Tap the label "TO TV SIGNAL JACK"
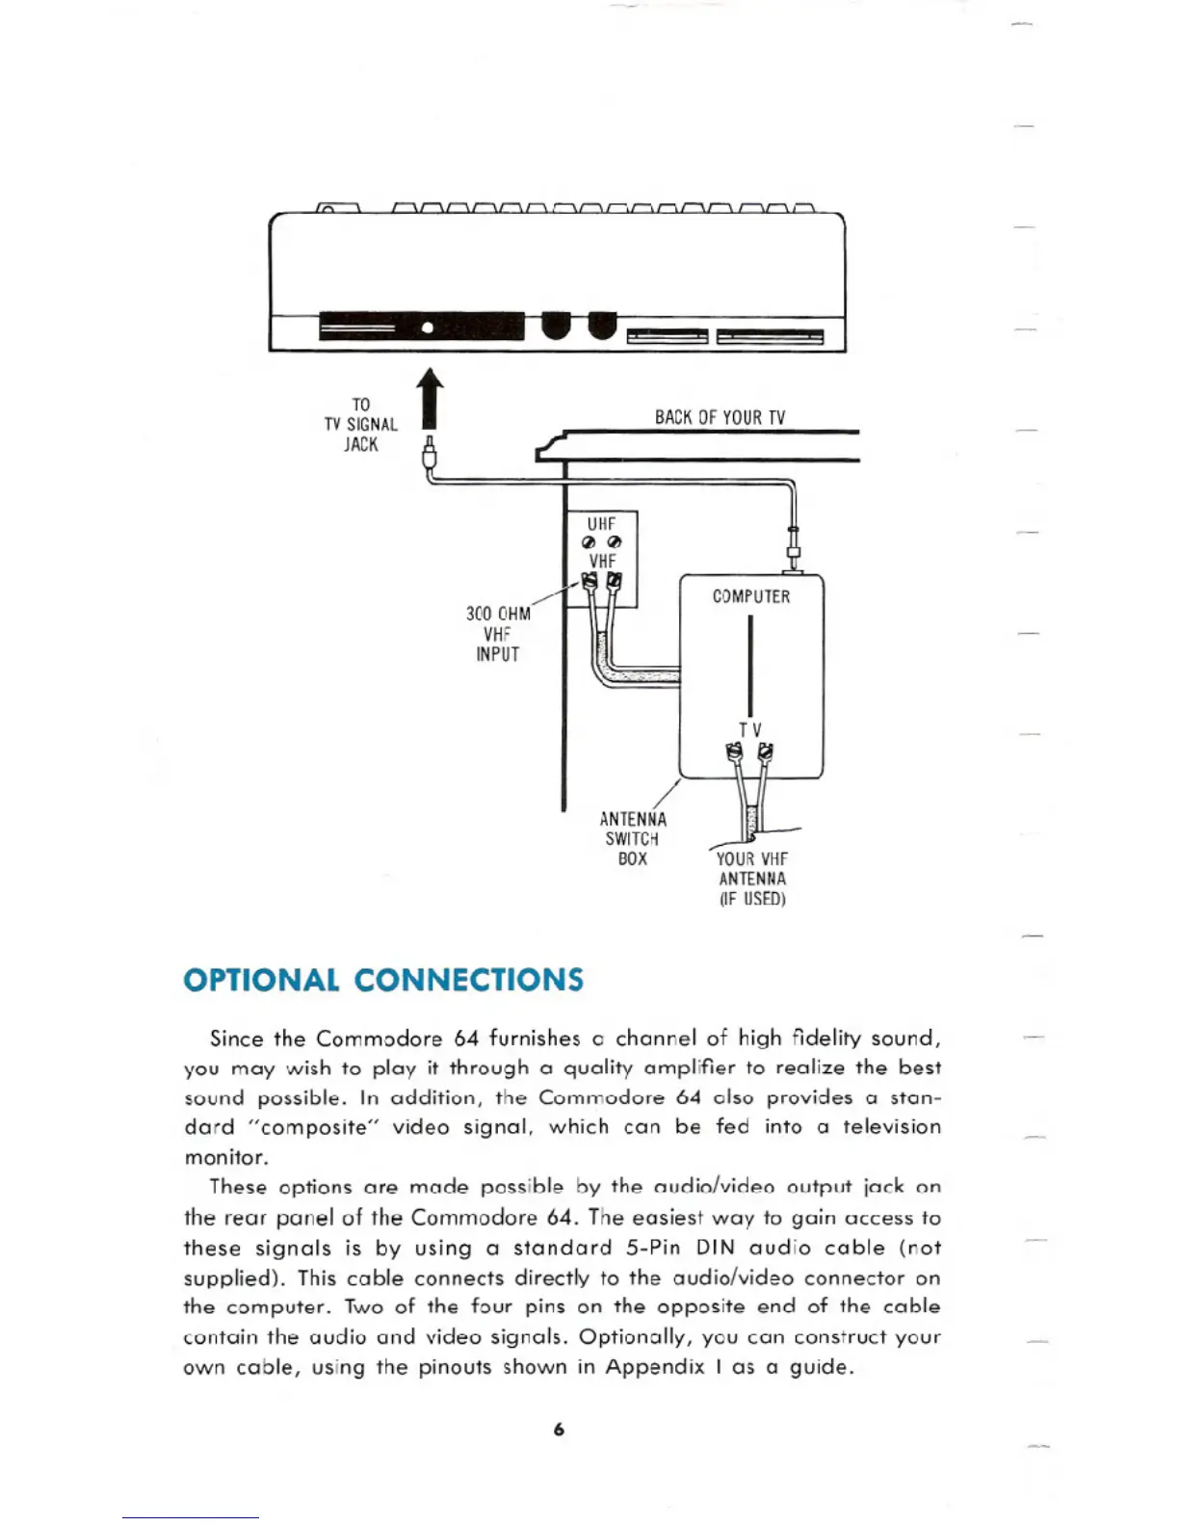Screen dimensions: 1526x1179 (361, 425)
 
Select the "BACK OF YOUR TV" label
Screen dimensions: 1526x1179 (720, 417)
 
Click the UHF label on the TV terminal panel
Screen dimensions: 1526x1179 (601, 524)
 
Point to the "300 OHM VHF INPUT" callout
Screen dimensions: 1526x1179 (498, 634)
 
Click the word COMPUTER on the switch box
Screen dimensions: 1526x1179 (751, 596)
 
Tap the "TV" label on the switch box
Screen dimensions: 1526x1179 (749, 730)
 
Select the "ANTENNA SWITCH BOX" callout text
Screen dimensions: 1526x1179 (633, 838)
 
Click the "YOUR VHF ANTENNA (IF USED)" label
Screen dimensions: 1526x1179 (752, 879)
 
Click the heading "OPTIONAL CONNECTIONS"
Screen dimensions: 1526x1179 (383, 980)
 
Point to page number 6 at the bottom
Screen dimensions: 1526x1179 (559, 1430)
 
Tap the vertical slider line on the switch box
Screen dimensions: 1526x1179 (750, 665)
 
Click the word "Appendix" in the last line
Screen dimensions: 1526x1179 (655, 1367)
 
